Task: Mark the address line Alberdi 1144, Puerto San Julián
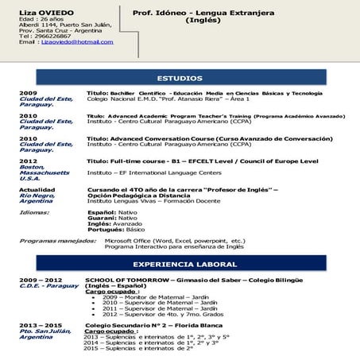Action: pos(65,25)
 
